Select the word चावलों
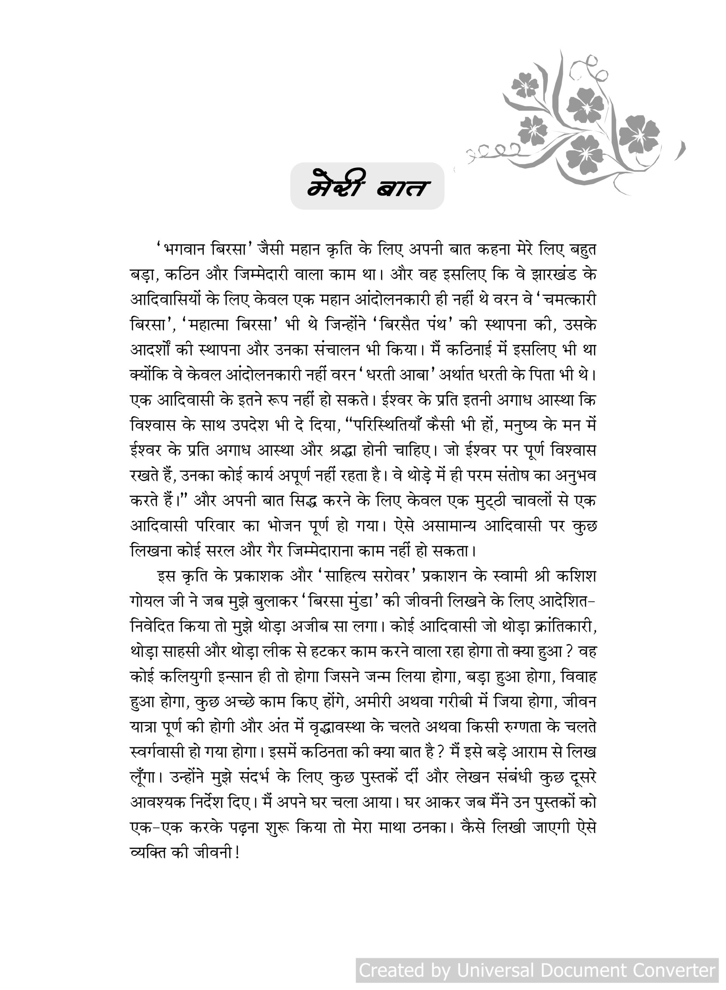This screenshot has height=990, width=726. coord(539,500)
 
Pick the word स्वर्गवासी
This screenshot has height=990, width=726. coord(157,752)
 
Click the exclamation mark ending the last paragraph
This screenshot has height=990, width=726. coord(237,853)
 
